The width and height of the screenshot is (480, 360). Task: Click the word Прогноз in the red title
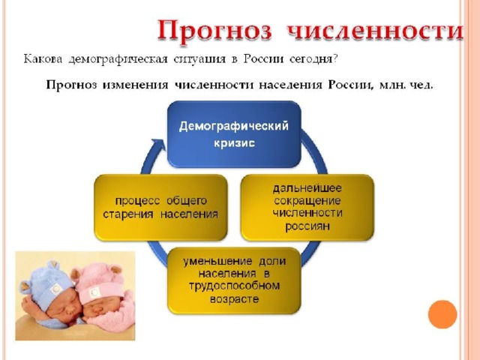click(x=214, y=31)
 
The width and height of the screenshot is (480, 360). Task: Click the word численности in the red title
click(x=375, y=31)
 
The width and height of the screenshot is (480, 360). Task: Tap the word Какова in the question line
click(x=43, y=58)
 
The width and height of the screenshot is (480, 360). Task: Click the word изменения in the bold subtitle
click(x=135, y=85)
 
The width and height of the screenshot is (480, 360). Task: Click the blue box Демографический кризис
click(x=234, y=134)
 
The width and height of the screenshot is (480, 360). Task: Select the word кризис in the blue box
click(x=234, y=143)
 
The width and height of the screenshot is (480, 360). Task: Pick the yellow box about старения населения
click(x=160, y=208)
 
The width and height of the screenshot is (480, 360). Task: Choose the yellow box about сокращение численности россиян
click(x=307, y=208)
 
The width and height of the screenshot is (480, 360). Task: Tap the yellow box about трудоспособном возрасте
click(x=234, y=280)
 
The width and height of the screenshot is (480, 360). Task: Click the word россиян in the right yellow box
click(x=307, y=226)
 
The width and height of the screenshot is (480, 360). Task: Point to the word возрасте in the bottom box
click(x=234, y=299)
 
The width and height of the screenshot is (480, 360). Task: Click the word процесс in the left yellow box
click(x=137, y=201)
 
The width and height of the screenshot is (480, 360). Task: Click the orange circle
click(x=442, y=314)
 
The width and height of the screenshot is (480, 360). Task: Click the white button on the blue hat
click(x=56, y=289)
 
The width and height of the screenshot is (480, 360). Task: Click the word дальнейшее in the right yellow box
click(x=307, y=188)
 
